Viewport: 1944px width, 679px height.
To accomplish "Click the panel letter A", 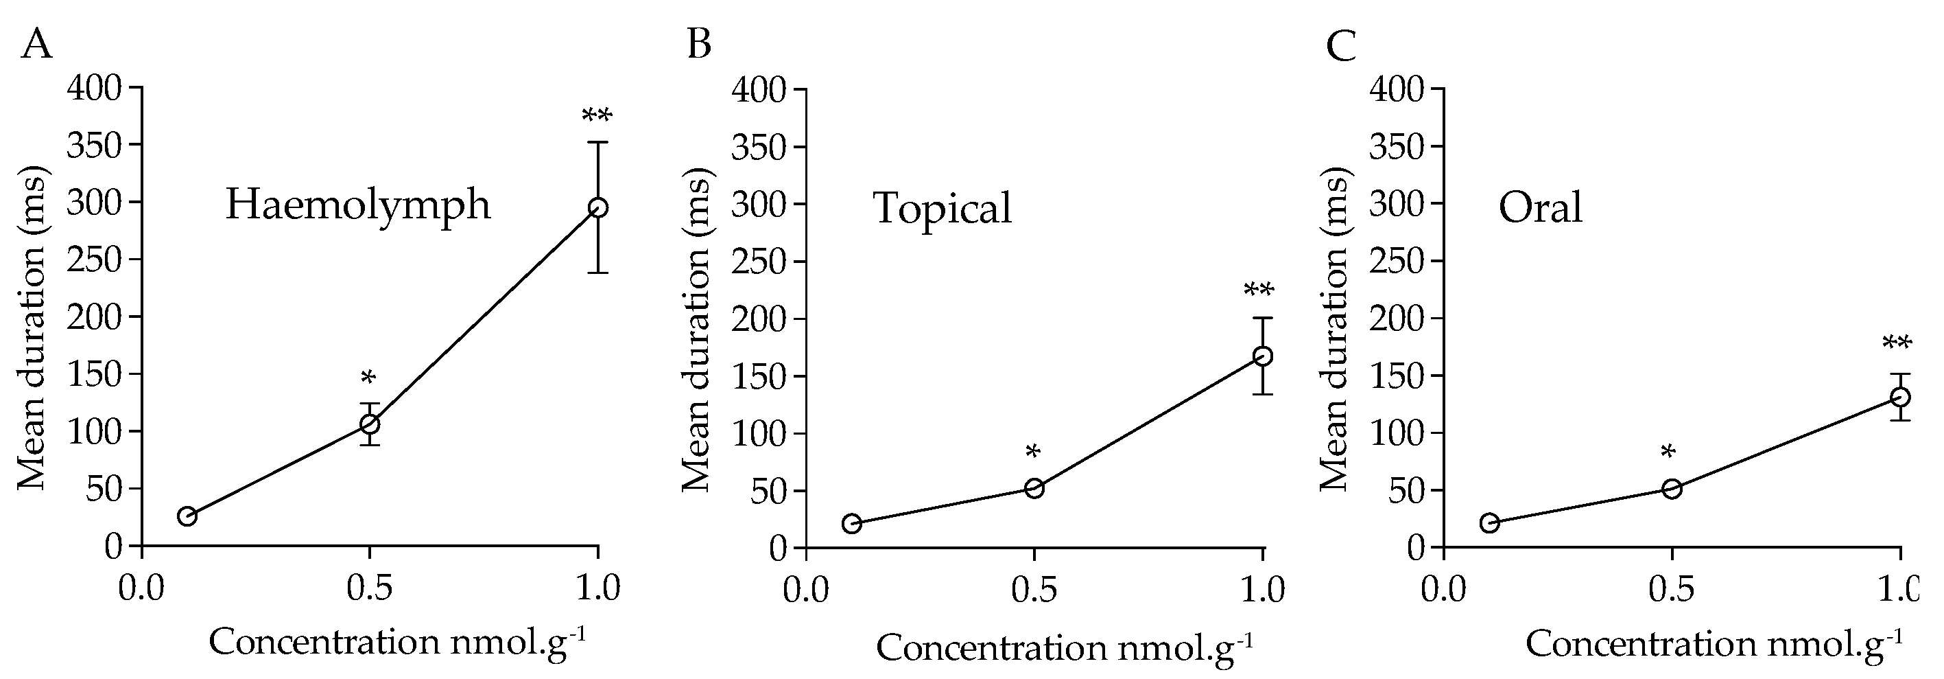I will pos(36,45).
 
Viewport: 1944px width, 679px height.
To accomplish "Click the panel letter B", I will pos(699,45).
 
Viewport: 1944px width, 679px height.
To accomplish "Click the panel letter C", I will pos(1341,47).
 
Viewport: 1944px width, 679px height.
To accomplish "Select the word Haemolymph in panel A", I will pos(357,205).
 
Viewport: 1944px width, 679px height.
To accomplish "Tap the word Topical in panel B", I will pos(943,209).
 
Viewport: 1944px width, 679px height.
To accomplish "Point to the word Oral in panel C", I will pos(1540,208).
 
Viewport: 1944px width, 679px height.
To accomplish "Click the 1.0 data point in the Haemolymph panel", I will pos(597,208).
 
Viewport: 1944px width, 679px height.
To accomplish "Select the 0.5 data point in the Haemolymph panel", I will pos(370,424).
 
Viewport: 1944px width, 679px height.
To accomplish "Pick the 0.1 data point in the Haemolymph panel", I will pos(187,516).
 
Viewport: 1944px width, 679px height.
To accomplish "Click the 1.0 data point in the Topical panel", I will pos(1263,356).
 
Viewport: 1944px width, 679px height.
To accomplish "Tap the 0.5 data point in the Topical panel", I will pos(1034,488).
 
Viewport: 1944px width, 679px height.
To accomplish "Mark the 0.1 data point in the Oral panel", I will pos(1489,522).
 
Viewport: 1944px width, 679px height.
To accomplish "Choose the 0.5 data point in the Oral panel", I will pos(1672,489).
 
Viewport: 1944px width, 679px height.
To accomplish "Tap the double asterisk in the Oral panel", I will pos(1897,345).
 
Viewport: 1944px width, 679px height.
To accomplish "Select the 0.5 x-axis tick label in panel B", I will pos(1034,589).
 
